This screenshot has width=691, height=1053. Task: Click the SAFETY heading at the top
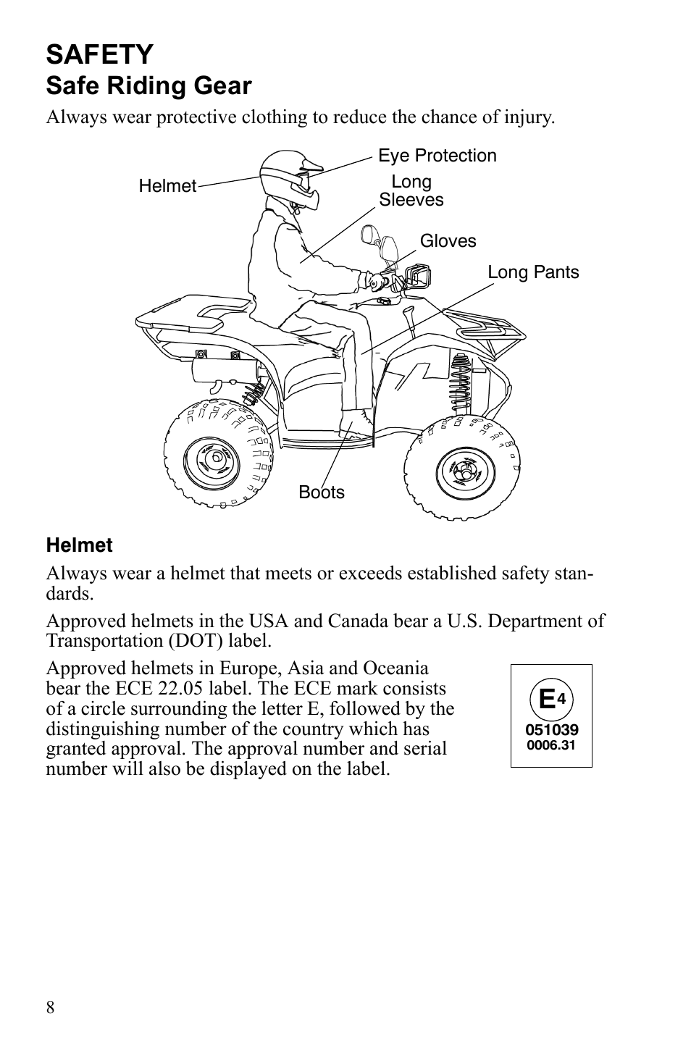100,54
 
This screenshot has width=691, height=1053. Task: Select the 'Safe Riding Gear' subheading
148,86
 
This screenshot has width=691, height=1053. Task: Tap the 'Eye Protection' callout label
437,156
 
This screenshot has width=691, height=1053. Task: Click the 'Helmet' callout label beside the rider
167,186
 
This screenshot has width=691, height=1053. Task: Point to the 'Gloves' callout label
448,241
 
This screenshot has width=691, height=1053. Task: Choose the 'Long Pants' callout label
533,272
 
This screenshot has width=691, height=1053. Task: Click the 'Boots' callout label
322,492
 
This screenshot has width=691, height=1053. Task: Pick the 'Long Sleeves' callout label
411,191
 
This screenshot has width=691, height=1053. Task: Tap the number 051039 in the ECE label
552,730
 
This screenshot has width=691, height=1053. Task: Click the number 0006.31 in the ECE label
552,744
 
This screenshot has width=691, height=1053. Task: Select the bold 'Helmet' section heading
80,545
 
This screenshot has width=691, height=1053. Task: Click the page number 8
51,1007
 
